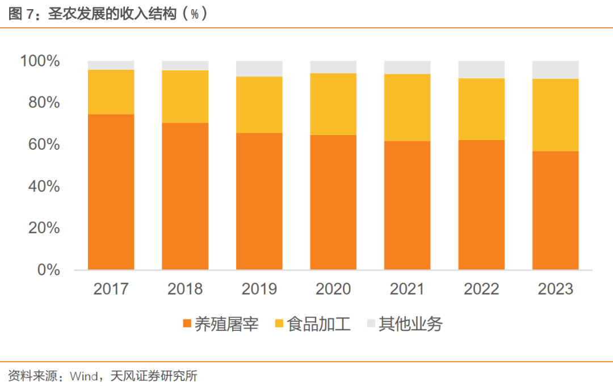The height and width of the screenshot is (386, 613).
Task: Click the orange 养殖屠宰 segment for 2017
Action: [111, 192]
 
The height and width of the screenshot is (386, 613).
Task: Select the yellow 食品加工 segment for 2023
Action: [555, 115]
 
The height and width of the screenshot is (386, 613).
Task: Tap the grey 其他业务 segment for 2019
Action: [259, 68]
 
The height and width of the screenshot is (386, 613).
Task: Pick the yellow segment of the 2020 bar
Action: [333, 104]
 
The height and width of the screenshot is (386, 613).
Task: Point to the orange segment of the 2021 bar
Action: [407, 205]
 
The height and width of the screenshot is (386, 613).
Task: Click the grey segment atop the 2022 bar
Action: [481, 69]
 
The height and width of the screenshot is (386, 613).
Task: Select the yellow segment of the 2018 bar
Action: [185, 96]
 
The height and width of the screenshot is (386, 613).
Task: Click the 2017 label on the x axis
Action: [111, 289]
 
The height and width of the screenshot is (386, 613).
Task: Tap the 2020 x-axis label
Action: [333, 289]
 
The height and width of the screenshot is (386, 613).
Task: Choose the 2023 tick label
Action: [555, 289]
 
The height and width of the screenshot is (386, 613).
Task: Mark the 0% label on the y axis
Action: [49, 270]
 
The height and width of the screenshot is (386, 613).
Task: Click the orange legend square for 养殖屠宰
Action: [187, 324]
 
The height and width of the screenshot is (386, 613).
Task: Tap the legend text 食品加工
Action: [319, 324]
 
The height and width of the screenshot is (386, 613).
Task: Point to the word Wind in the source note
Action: [82, 375]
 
